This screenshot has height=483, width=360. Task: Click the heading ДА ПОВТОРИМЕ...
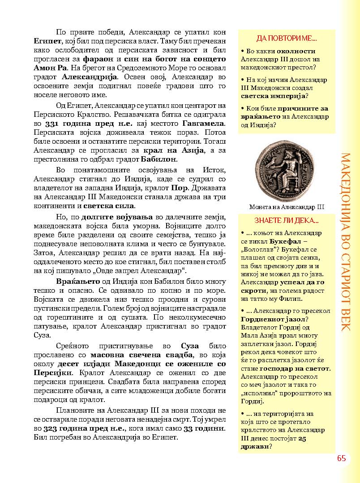pos(287,38)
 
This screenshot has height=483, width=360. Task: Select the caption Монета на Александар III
pos(287,207)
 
